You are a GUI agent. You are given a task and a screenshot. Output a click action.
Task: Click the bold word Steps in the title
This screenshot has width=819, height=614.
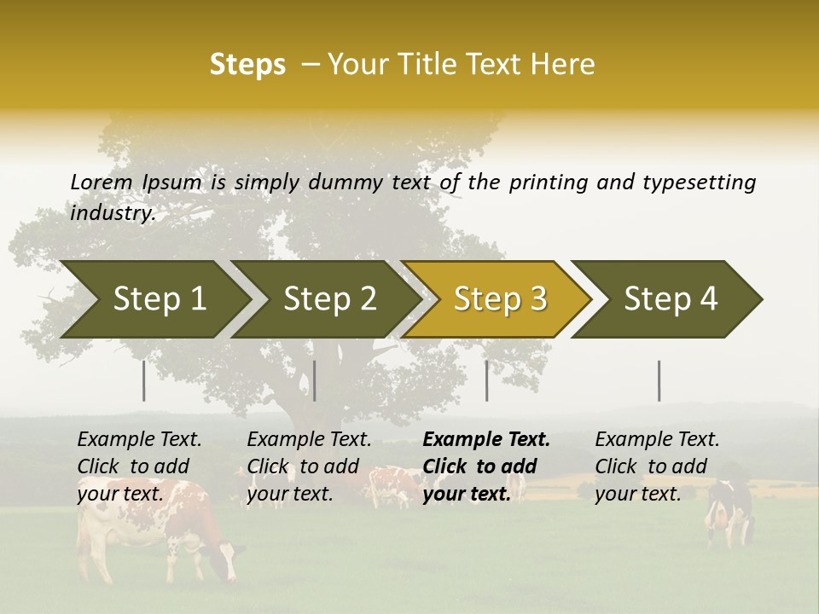click(247, 65)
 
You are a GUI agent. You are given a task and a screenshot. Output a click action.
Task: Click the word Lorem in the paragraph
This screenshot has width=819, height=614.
click(102, 182)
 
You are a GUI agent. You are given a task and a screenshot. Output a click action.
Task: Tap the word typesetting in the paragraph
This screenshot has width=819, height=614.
click(699, 182)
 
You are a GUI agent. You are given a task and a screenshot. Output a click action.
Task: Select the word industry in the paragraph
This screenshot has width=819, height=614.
click(112, 212)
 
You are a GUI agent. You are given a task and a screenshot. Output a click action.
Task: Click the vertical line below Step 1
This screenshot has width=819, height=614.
click(144, 380)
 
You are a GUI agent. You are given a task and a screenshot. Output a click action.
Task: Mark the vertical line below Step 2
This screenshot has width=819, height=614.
click(315, 380)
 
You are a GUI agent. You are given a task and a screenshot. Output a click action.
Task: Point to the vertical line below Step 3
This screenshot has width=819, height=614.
click(487, 380)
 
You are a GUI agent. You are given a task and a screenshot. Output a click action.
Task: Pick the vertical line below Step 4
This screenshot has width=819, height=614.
click(659, 380)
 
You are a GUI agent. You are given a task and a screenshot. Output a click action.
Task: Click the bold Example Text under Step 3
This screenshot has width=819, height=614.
click(486, 440)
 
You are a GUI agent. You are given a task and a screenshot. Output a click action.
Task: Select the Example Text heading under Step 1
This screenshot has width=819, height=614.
click(140, 440)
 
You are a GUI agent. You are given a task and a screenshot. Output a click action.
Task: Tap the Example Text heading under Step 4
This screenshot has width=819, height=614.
click(657, 440)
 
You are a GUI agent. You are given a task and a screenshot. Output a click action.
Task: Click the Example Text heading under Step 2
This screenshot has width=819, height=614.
click(309, 440)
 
